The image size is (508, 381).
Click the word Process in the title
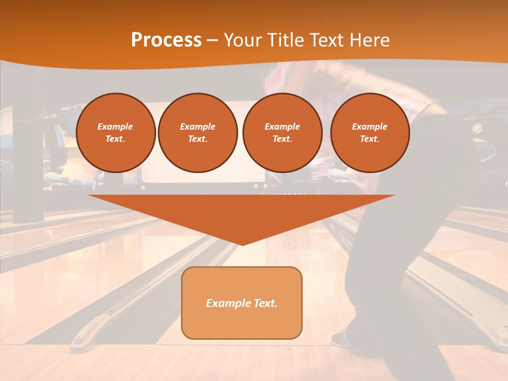(166, 40)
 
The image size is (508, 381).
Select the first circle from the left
(116, 133)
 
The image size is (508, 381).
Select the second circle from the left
(197, 133)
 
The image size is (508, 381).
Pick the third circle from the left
(282, 133)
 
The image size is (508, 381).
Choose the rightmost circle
(370, 133)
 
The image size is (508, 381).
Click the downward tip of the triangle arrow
(242, 244)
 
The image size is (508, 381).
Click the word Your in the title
(241, 40)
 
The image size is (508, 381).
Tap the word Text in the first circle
(115, 139)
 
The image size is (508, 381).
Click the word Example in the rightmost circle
(369, 126)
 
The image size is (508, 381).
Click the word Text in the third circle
(282, 139)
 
